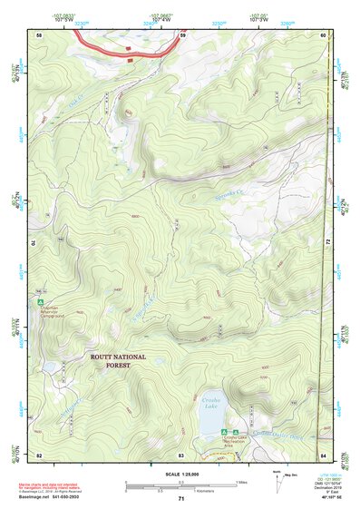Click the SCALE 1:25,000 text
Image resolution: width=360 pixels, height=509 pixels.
180,475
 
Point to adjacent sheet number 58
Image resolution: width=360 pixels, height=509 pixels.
39,34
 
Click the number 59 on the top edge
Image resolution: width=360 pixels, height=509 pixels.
182,34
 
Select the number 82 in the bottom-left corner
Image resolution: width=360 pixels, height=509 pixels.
39,454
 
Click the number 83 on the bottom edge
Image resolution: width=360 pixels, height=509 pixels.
181,454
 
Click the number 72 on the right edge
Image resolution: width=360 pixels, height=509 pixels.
327,243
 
